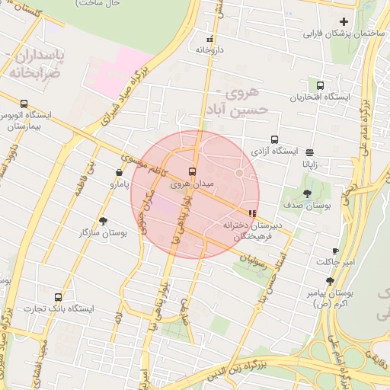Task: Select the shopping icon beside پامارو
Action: pos(120,173)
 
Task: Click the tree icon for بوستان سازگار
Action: pos(103,220)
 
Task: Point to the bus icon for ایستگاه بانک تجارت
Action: pos(59,297)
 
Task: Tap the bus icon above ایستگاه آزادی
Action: pos(274,139)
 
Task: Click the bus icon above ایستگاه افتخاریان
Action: pos(319,86)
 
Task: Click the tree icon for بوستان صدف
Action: pos(307,193)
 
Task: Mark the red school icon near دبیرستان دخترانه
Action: pos(252,214)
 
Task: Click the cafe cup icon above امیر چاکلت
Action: pos(335,251)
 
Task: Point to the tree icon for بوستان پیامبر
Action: pos(330,281)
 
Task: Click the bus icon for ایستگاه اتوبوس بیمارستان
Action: pos(24,104)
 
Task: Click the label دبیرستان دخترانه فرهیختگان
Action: pos(252,232)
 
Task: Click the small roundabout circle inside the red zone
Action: pos(238,174)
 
